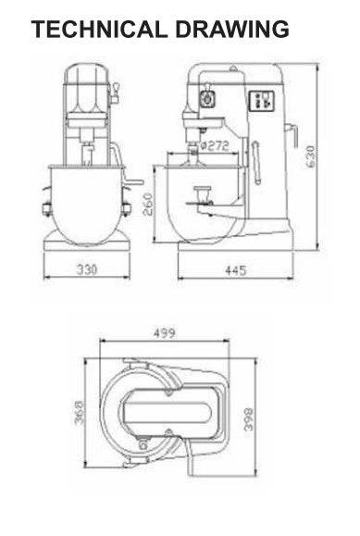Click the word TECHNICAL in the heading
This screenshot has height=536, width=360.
coord(100,29)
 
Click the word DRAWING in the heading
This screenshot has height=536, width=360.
coord(232,29)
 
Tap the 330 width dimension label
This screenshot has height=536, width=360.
coord(86,269)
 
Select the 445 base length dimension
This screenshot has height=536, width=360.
coord(236,270)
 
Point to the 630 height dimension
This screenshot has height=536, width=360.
coord(310,156)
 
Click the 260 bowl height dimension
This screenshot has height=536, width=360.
coord(148,205)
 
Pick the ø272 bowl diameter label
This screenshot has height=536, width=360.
coord(214,146)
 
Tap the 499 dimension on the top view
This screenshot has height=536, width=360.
coord(164,332)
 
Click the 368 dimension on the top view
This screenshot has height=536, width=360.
coord(80,413)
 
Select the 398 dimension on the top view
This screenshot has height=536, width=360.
coord(248,418)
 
